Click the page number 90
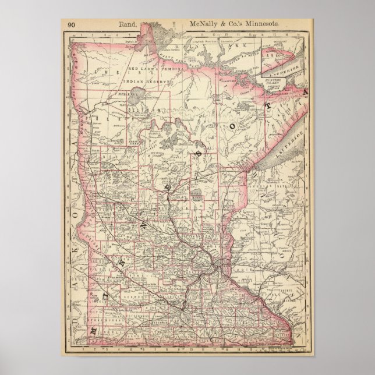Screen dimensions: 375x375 pyautogui.click(x=71, y=24)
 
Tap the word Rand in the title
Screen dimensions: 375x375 pyautogui.click(x=127, y=24)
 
